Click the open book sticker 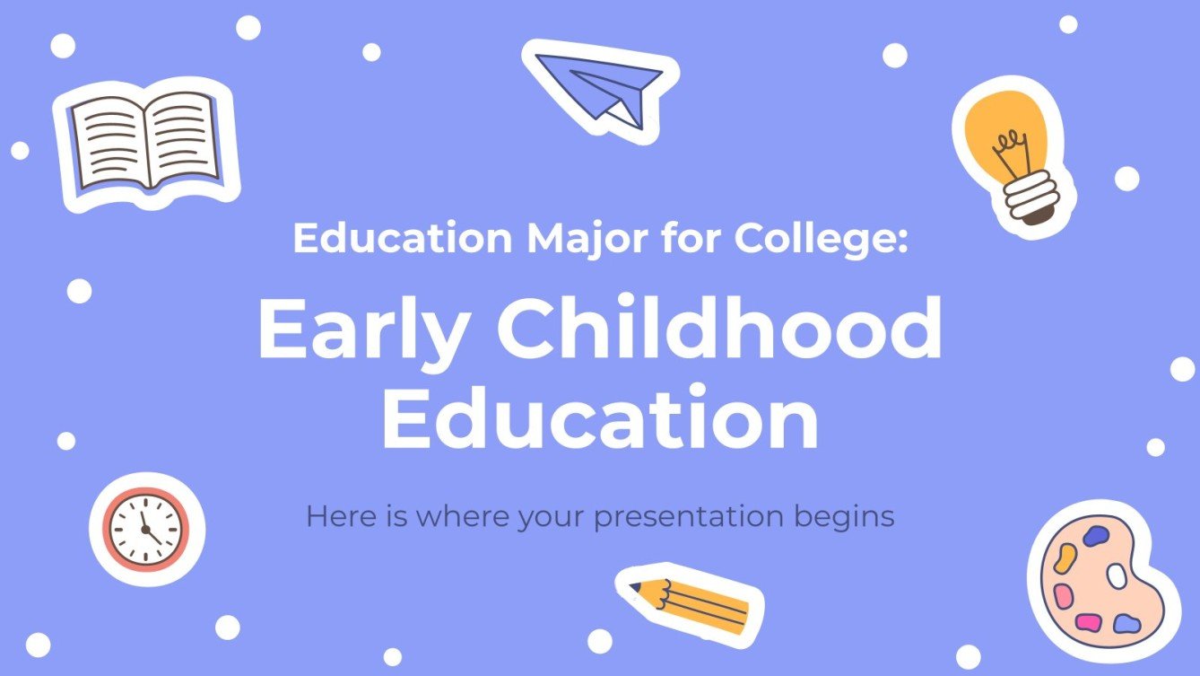click(x=144, y=145)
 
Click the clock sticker click(x=146, y=529)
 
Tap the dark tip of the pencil click(x=635, y=588)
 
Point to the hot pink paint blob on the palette click(x=1088, y=622)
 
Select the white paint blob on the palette click(x=1117, y=575)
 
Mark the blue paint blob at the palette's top click(x=1096, y=537)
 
